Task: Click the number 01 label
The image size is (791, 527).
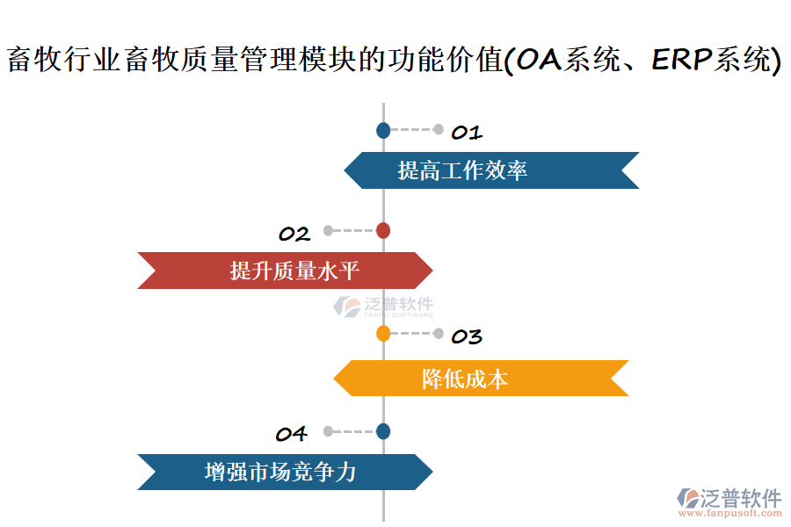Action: click(x=467, y=134)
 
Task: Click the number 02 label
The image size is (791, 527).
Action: click(x=294, y=235)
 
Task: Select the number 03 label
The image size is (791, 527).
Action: click(x=467, y=337)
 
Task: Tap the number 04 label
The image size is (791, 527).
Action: click(x=291, y=434)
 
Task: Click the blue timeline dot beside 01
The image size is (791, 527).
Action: click(x=383, y=131)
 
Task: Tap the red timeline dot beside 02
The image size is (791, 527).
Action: click(x=383, y=231)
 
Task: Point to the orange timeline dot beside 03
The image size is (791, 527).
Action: click(x=383, y=334)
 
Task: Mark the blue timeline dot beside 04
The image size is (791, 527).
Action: click(x=383, y=431)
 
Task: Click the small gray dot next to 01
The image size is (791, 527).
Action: click(x=439, y=130)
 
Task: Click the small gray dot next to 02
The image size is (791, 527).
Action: click(x=328, y=231)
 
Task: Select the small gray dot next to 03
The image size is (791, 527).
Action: click(x=439, y=334)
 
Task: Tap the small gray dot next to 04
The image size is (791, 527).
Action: click(x=328, y=431)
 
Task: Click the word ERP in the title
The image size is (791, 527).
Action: click(x=681, y=60)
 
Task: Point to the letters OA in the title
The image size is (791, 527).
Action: click(x=541, y=60)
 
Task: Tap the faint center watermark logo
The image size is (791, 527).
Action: click(x=383, y=307)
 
